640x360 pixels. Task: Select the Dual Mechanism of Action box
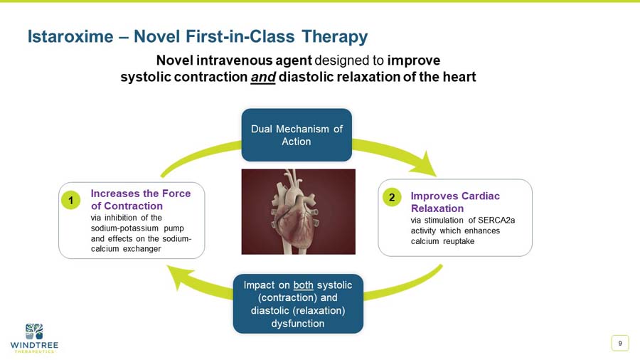(x=297, y=135)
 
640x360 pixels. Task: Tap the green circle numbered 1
(x=70, y=201)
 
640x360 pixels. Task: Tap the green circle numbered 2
(x=391, y=196)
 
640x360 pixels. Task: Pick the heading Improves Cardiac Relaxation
(x=455, y=202)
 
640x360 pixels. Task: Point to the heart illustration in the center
(x=298, y=211)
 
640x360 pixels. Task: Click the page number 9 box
(x=620, y=344)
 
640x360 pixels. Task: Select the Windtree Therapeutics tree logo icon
(x=33, y=331)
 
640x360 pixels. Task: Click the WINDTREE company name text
(x=34, y=345)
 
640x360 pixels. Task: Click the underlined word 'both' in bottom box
(x=303, y=285)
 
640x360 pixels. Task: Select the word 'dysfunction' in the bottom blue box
(x=298, y=323)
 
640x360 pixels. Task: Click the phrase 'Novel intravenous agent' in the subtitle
(x=233, y=60)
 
